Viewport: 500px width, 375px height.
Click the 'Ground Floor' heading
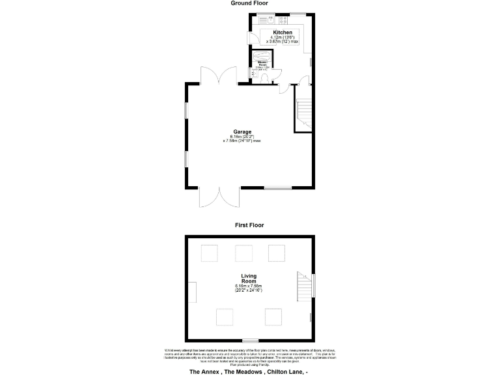click(x=249, y=3)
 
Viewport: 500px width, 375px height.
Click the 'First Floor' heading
click(x=249, y=225)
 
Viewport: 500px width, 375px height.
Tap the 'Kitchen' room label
click(x=282, y=33)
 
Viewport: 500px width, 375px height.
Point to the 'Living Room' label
click(x=249, y=279)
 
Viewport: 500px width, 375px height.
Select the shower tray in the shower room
click(x=261, y=56)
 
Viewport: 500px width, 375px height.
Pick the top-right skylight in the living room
click(x=277, y=253)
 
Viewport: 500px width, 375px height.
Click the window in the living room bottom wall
click(x=250, y=340)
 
